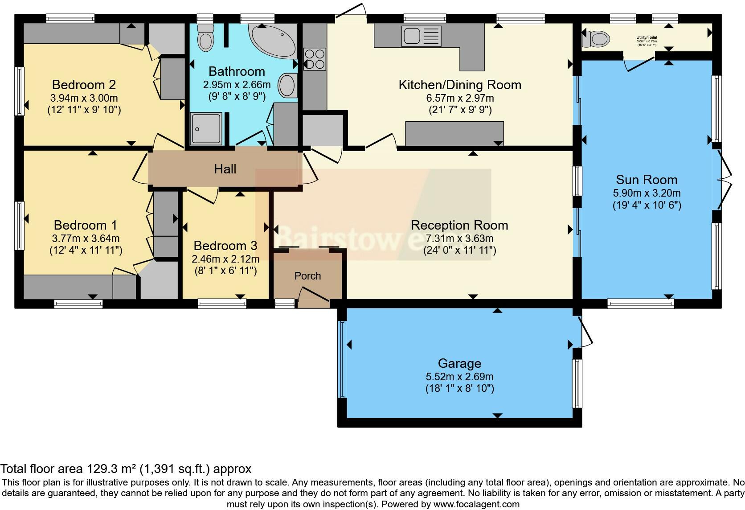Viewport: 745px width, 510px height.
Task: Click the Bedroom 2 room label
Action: tap(84, 85)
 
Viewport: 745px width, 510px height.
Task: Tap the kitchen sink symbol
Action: tap(421, 36)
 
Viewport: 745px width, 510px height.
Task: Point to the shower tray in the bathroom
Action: tap(206, 128)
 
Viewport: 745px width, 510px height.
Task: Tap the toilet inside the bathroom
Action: tap(205, 38)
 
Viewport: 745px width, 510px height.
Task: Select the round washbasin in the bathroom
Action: tap(287, 85)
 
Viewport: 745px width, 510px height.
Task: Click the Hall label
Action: tap(225, 169)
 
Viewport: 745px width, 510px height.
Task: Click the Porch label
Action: tap(307, 276)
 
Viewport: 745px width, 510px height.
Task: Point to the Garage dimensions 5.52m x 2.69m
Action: tap(459, 377)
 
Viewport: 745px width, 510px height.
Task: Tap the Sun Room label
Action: tap(647, 180)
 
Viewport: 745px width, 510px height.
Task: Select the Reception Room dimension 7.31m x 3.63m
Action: tap(459, 239)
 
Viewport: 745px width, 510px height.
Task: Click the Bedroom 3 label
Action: tap(225, 246)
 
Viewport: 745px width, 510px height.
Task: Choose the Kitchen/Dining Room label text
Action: tap(459, 85)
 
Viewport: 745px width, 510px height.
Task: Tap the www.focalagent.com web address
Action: tap(476, 505)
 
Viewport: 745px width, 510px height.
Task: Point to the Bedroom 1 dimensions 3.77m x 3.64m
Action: tap(86, 239)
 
